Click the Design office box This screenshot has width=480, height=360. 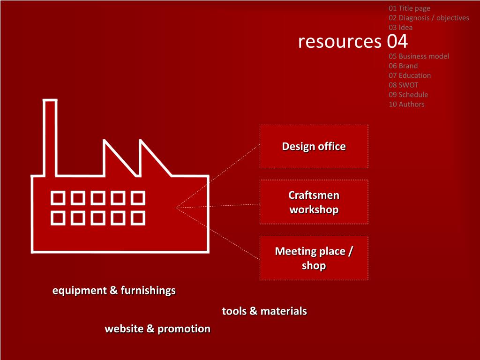point(314,146)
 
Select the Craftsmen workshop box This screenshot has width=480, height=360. point(314,202)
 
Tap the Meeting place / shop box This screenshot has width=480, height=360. point(314,258)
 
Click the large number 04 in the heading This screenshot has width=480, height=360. point(397,41)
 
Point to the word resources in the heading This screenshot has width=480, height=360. point(340,41)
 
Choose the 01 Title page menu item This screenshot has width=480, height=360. point(409,8)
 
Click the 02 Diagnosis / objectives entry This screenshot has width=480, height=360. point(428,18)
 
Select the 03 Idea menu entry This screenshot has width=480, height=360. point(400,27)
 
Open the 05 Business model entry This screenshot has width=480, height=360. point(419,56)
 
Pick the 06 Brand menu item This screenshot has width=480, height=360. point(403,66)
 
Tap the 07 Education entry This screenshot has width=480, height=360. point(409,75)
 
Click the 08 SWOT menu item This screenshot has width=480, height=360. point(403,85)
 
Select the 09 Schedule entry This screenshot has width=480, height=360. point(408,95)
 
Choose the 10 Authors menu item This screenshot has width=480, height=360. point(406,104)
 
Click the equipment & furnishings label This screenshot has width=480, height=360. point(114,291)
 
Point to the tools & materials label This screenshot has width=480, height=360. point(264,311)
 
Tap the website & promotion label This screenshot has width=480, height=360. point(157,329)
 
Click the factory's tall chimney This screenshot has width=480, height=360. point(50,136)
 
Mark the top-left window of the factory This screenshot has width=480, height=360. point(58,198)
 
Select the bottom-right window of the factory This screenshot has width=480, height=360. point(138,218)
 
